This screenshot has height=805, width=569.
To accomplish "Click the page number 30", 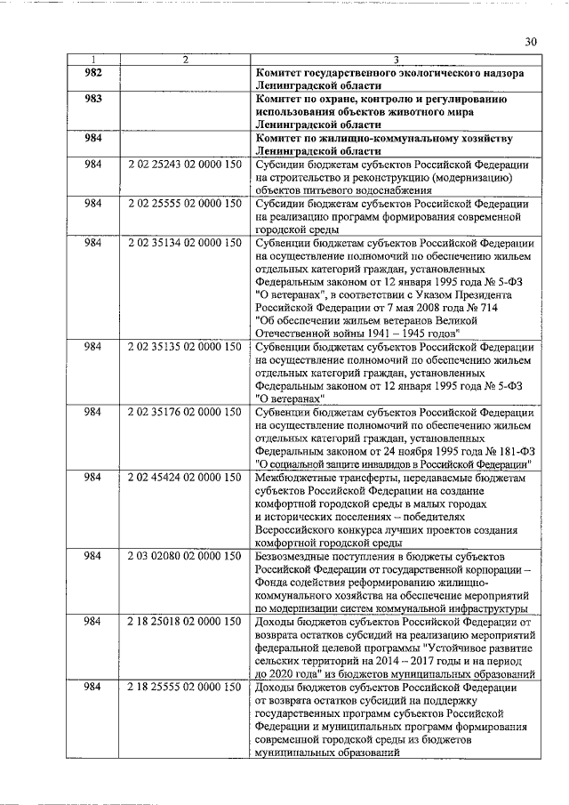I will tap(531, 41).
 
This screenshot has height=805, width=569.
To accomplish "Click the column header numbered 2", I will tap(184, 59).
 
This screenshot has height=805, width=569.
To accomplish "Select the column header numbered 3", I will tap(395, 59).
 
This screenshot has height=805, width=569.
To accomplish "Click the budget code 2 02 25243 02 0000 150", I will tap(184, 165).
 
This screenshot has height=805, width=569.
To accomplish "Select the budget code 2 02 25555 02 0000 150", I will tap(184, 204).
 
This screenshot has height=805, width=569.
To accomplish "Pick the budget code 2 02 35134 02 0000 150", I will tap(184, 243).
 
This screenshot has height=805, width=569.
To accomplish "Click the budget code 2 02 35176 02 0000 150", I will tap(184, 412).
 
